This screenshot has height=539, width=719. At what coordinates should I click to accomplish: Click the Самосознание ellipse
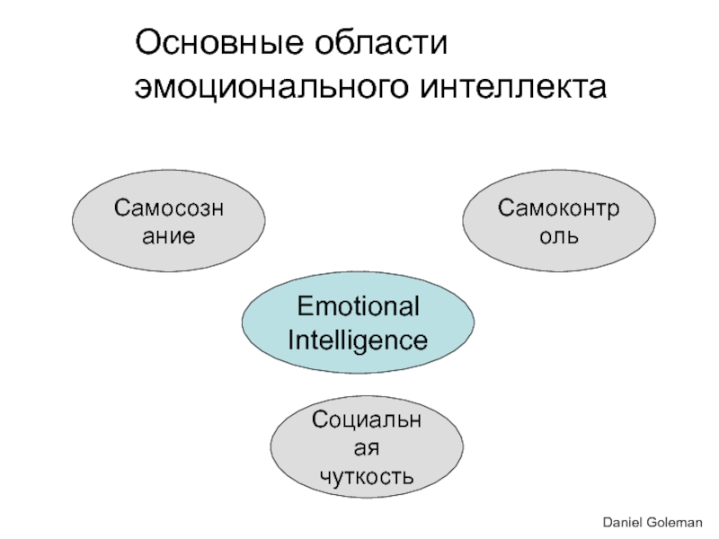(x=169, y=222)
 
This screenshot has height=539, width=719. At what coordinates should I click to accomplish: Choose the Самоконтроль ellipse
(x=558, y=222)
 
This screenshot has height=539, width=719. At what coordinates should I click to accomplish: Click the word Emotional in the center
(x=359, y=308)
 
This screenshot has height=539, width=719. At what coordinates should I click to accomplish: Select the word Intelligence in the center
(x=358, y=340)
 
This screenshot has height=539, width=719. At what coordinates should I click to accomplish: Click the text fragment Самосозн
(x=169, y=208)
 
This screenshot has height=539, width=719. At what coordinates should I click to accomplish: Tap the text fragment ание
(x=169, y=237)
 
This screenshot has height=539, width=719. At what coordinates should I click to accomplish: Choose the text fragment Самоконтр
(x=558, y=208)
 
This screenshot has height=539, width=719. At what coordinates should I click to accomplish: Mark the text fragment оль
(x=558, y=237)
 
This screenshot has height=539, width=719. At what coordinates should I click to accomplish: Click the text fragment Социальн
(x=368, y=419)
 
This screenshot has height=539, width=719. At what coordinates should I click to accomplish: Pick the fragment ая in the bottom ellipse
(x=368, y=447)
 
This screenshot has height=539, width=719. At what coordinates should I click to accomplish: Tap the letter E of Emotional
(x=305, y=308)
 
